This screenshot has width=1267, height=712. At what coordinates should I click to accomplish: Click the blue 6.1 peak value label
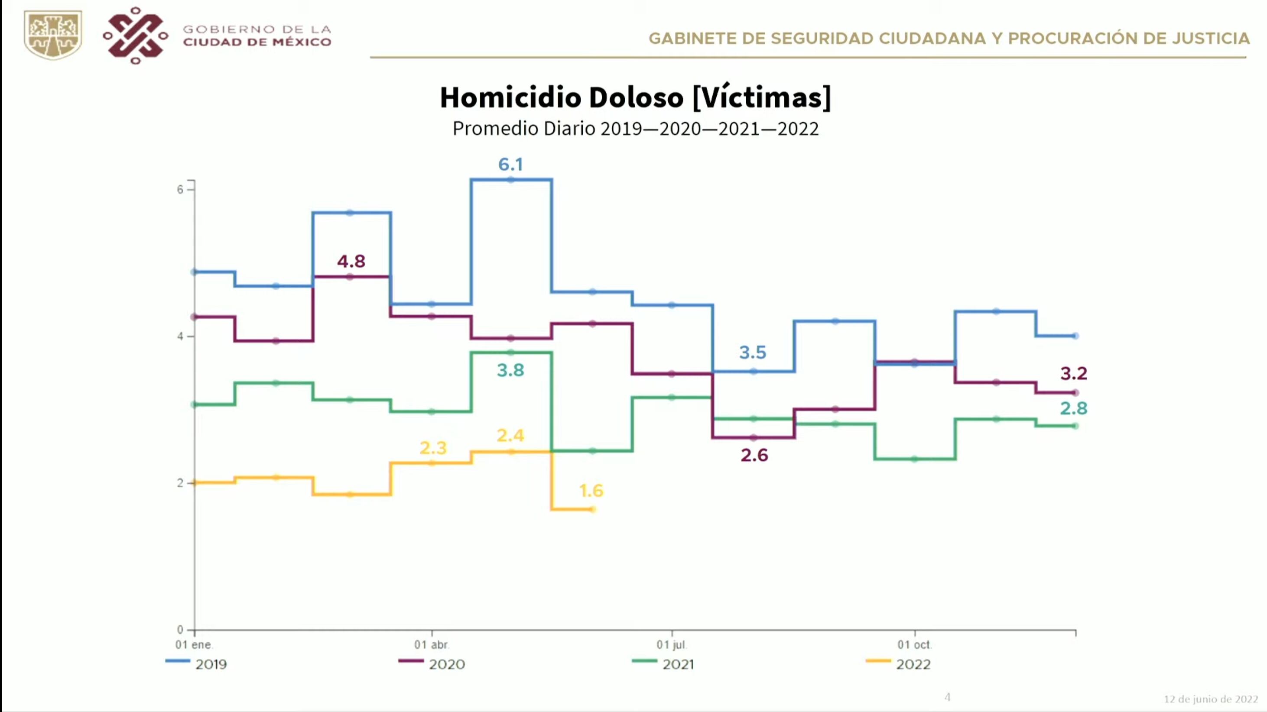click(x=510, y=164)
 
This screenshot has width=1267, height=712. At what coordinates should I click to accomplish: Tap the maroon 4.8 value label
click(x=351, y=261)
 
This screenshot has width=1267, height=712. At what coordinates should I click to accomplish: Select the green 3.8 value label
click(x=510, y=370)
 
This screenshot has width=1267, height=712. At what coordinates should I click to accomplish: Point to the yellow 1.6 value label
click(x=591, y=490)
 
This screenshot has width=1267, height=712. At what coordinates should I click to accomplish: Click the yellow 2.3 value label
click(x=433, y=448)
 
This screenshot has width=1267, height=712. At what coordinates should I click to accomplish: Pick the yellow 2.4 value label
click(x=510, y=435)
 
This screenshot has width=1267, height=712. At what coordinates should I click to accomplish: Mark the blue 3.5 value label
click(x=753, y=353)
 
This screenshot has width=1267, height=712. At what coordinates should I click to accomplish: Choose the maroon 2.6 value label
click(x=754, y=455)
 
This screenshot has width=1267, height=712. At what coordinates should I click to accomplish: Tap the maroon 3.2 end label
click(x=1073, y=374)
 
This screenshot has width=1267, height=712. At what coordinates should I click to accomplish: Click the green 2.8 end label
click(x=1073, y=408)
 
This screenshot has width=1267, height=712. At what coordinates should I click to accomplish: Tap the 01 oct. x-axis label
click(x=914, y=644)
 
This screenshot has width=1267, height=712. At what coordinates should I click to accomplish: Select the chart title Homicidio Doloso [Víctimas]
click(x=635, y=97)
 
